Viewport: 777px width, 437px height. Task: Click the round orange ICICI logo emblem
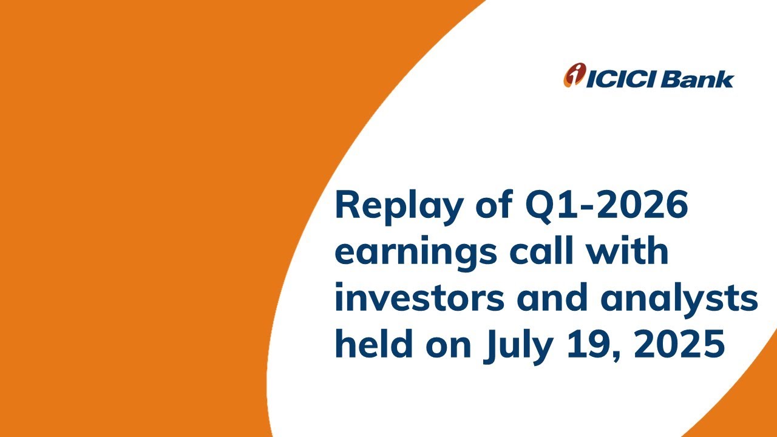tap(572, 76)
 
